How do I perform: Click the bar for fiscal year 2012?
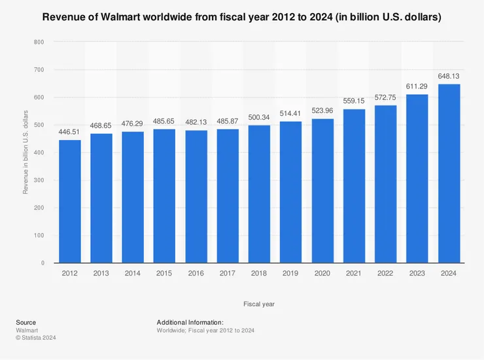[x=70, y=201]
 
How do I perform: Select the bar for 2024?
[x=449, y=173]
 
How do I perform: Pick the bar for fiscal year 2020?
[x=322, y=190]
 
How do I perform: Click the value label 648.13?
[x=449, y=77]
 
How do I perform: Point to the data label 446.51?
[x=70, y=132]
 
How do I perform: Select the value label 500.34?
[x=260, y=118]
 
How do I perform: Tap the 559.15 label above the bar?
[x=354, y=101]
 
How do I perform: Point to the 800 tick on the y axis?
[x=39, y=42]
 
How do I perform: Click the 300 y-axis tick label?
[x=39, y=180]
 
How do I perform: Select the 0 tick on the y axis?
[x=43, y=263]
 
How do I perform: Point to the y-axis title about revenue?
[x=26, y=153]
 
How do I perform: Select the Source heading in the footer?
[x=26, y=323]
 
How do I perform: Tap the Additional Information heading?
[x=190, y=323]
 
